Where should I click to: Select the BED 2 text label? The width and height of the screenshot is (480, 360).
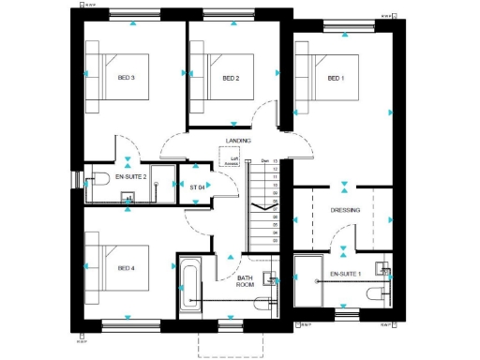click(x=232, y=79)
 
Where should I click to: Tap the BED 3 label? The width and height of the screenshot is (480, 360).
click(x=127, y=79)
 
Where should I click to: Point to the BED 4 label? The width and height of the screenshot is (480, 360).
click(x=127, y=268)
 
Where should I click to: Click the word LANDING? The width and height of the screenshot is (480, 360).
click(x=238, y=141)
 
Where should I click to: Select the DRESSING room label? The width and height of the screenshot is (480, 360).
click(x=345, y=210)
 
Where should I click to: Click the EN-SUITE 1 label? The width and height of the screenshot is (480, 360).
click(x=346, y=275)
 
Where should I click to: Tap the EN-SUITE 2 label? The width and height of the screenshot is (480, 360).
click(x=131, y=176)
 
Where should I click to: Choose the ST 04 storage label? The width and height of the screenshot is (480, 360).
click(x=197, y=187)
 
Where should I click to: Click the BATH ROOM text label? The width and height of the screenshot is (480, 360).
click(x=246, y=283)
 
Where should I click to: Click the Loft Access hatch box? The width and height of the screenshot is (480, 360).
click(x=236, y=162)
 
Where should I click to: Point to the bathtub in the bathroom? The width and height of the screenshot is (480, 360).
click(x=189, y=287)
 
